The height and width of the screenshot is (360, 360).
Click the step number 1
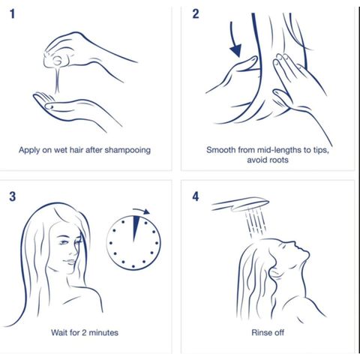pyautogui.click(x=12, y=14)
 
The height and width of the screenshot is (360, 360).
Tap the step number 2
pyautogui.click(x=196, y=14)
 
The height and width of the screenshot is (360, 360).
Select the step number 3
pyautogui.click(x=13, y=196)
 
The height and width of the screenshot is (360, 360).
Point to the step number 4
pyautogui.click(x=196, y=196)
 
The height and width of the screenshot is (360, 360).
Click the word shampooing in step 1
pyautogui.click(x=127, y=151)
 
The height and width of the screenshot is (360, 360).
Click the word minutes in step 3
pyautogui.click(x=103, y=333)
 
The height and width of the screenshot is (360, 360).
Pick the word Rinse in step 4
pyautogui.click(x=259, y=333)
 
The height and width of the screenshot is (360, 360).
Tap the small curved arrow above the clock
pyautogui.click(x=142, y=211)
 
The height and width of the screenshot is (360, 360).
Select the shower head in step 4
pyautogui.click(x=240, y=204)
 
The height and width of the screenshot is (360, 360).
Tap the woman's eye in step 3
pyautogui.click(x=64, y=242)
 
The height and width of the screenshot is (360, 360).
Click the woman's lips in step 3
pyautogui.click(x=70, y=262)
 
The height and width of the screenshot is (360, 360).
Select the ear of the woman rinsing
pyautogui.click(x=274, y=273)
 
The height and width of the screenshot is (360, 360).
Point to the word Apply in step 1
pyautogui.click(x=28, y=151)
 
